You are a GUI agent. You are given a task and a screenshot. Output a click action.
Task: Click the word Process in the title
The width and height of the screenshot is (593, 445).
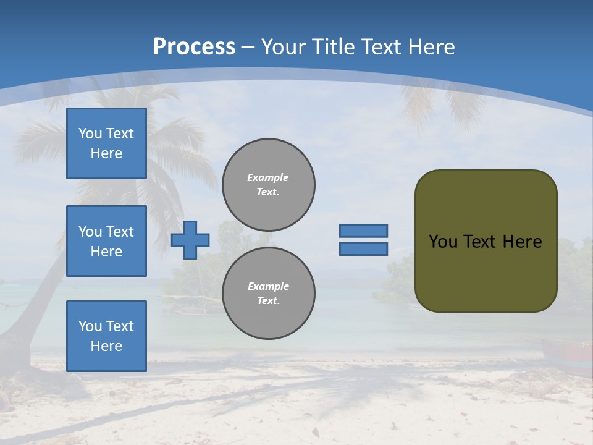[x=194, y=47]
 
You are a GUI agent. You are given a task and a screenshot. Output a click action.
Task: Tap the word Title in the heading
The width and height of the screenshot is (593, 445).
[x=332, y=47]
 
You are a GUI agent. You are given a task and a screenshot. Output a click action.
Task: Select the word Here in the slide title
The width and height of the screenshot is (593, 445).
[x=431, y=47]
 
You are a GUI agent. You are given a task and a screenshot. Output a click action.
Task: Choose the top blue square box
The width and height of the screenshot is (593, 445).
[x=106, y=143]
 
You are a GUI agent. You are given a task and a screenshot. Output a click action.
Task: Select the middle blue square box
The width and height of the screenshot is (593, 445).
[x=106, y=241]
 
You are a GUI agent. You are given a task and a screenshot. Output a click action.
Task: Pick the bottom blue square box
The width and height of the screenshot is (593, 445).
[x=106, y=336]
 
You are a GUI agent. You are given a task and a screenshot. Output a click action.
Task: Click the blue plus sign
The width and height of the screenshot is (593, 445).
[x=190, y=240]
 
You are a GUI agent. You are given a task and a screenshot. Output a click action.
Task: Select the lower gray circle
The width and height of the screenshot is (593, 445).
[x=269, y=293]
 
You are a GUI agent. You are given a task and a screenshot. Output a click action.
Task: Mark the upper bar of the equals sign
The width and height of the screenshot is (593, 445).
[x=363, y=231]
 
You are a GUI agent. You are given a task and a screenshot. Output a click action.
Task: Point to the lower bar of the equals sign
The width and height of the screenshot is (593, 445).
[x=363, y=248]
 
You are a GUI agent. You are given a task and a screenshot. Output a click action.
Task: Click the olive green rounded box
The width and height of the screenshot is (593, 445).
[x=486, y=240]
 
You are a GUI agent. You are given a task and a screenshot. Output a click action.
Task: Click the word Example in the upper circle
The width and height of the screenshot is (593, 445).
[x=268, y=177]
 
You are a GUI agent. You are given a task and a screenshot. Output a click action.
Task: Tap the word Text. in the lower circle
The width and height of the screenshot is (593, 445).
[x=268, y=300]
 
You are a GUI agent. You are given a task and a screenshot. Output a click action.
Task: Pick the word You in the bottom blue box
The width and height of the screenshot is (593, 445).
[x=90, y=326]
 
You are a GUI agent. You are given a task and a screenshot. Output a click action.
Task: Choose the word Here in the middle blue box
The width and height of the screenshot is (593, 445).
[x=106, y=252]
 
